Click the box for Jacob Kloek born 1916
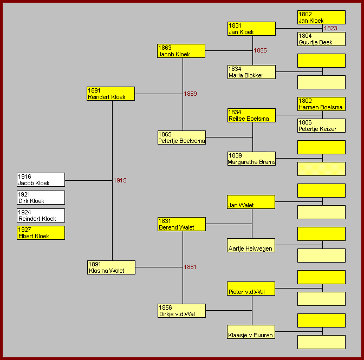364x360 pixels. point(41,180)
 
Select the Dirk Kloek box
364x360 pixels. point(41,198)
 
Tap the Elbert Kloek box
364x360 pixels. point(41,233)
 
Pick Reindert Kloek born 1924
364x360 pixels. point(41,215)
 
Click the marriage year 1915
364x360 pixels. point(120,180)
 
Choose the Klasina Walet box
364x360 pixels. point(111,267)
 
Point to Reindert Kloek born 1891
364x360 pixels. point(111,94)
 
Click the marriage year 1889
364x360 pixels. point(190,94)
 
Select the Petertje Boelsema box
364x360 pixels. point(181,138)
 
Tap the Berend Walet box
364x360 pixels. point(181,224)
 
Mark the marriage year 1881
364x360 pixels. point(190,267)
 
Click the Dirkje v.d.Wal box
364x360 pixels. point(181,311)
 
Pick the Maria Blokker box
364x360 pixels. point(251,72)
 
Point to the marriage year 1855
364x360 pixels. point(261,50)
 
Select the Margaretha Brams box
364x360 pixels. point(251,159)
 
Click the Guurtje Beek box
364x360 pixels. point(321,39)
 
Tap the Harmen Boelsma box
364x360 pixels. point(321,104)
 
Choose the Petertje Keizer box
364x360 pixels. point(321,126)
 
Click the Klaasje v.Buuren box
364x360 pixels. point(251,332)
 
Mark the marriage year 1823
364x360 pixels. point(330,28)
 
